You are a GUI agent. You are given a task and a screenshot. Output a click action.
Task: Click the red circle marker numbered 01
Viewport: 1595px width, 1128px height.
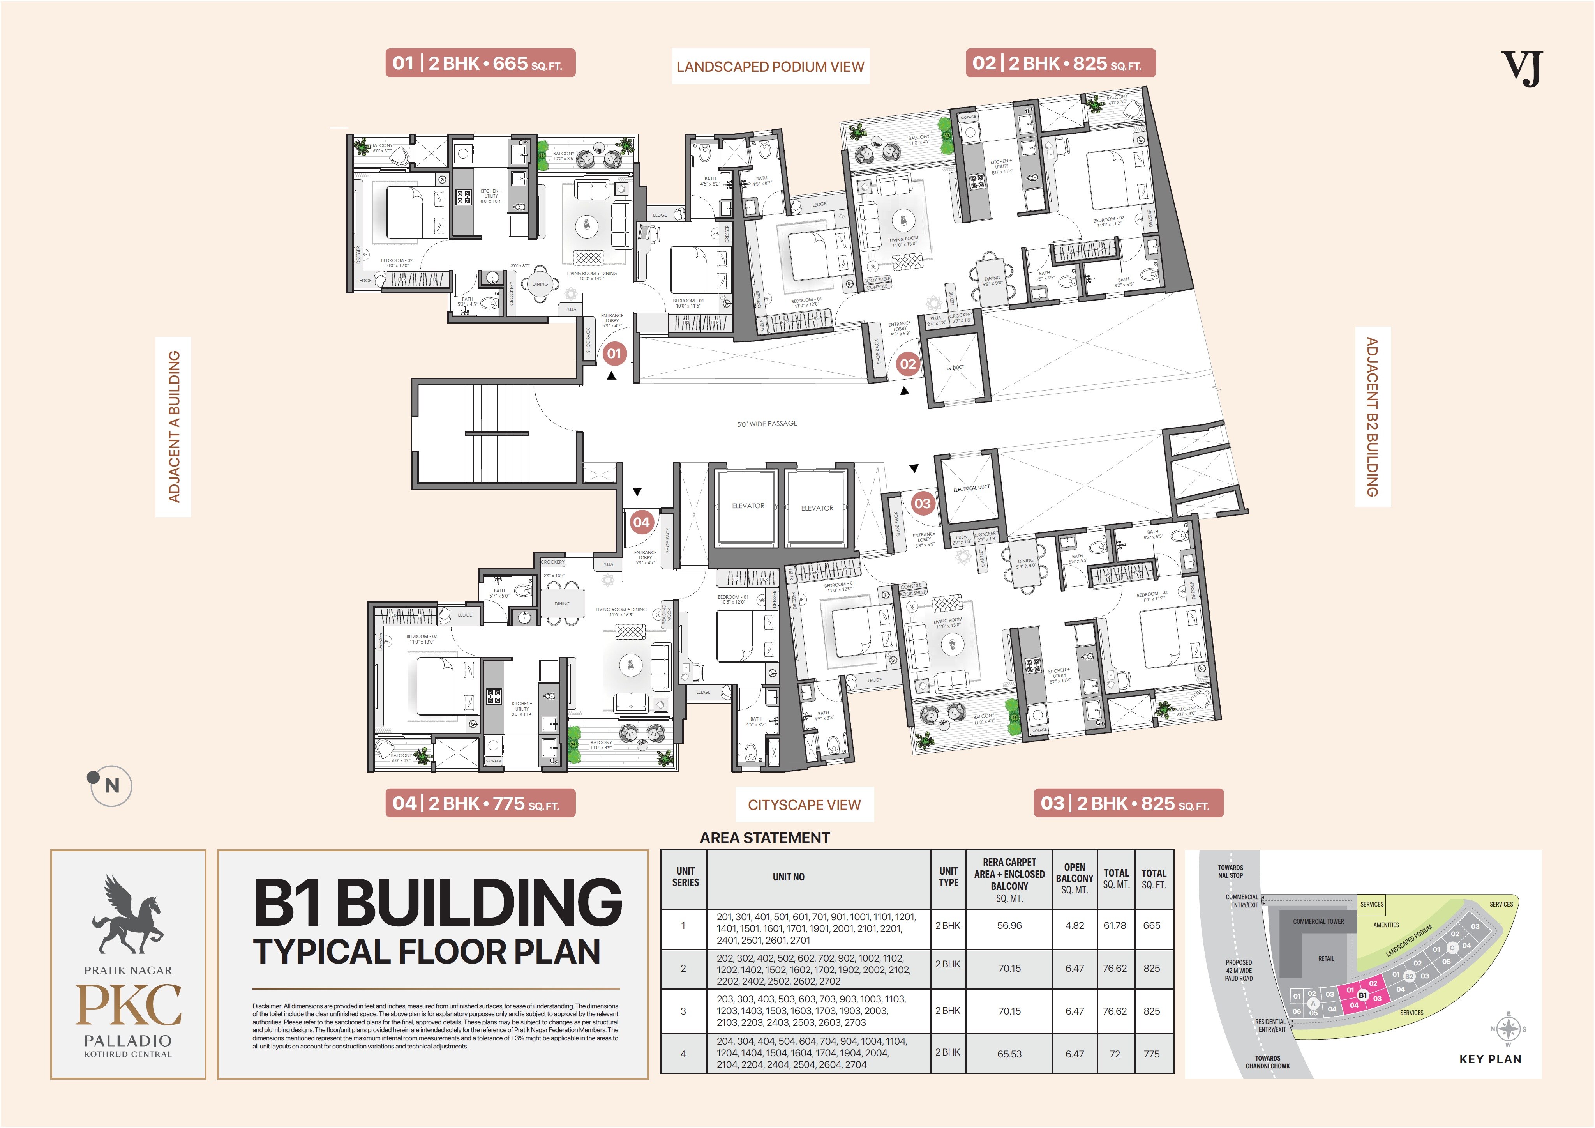pos(613,353)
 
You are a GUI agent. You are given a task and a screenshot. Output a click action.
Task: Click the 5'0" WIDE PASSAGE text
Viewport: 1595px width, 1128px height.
pos(767,423)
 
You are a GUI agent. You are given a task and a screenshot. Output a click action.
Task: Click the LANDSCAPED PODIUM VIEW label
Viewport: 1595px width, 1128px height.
pos(770,67)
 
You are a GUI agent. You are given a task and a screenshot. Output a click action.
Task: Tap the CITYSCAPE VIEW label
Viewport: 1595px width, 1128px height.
pos(804,805)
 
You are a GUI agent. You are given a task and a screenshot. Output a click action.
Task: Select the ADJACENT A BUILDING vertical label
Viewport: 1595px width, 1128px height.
pos(174,426)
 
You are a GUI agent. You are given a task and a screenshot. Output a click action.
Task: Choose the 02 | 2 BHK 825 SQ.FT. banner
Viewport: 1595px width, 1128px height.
pos(1060,63)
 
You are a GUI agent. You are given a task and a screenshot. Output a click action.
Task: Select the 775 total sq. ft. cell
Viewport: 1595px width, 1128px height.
pos(1151,1054)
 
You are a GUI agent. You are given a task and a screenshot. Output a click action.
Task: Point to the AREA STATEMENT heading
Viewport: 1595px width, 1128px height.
pos(764,838)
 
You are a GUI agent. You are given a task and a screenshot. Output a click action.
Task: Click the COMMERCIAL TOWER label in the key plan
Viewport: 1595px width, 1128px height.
pos(1318,921)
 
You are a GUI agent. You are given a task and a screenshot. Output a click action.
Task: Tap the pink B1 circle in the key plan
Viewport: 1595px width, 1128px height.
pos(1362,995)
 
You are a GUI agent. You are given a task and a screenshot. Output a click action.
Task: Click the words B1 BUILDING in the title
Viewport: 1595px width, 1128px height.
pos(438,902)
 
